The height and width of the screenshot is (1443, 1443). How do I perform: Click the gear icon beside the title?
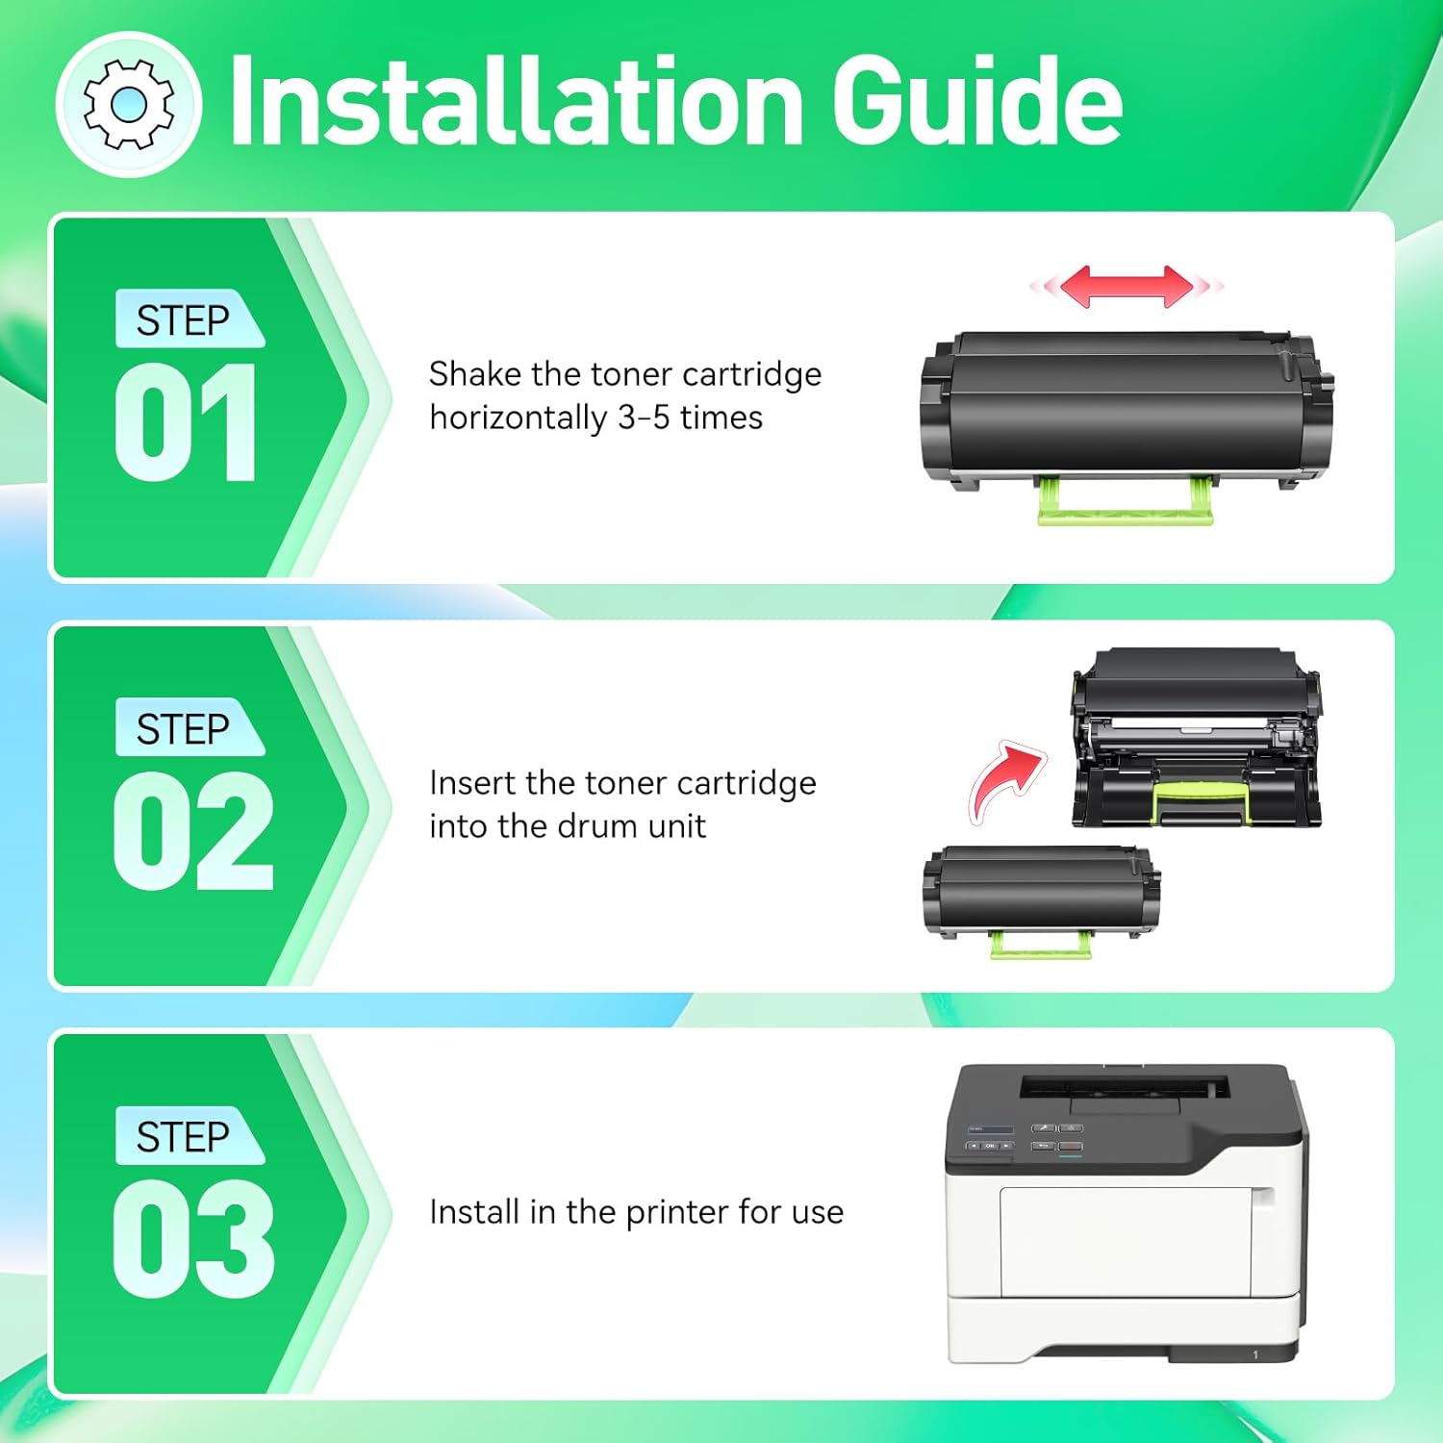tap(129, 105)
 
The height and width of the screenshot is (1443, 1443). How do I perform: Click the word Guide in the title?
tap(977, 100)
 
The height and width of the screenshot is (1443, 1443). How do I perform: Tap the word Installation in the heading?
tap(517, 100)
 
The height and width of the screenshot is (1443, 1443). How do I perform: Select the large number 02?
tap(193, 830)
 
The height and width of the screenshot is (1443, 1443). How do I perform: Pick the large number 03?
tap(193, 1239)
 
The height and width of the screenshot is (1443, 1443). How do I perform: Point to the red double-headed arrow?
tap(1127, 286)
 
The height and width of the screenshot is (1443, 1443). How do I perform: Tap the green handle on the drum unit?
tap(1201, 800)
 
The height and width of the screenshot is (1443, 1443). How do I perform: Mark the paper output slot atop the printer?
tap(1124, 1088)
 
